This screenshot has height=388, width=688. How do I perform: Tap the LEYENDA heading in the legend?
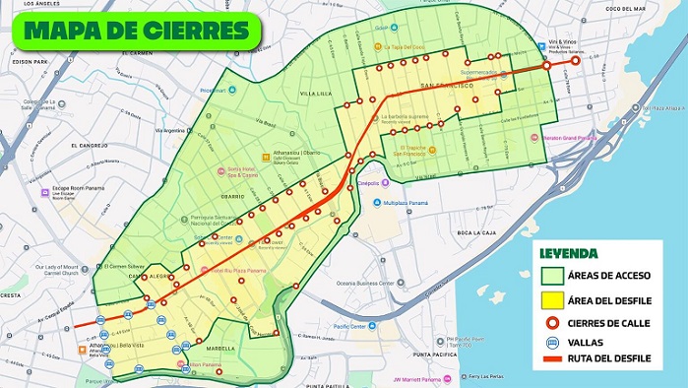point(569,253)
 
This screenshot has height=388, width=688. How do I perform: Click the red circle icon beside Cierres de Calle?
point(553,320)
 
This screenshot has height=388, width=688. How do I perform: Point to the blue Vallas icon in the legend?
point(553,342)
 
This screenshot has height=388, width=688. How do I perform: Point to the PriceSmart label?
point(214,91)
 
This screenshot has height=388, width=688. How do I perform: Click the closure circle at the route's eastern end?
point(575,60)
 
